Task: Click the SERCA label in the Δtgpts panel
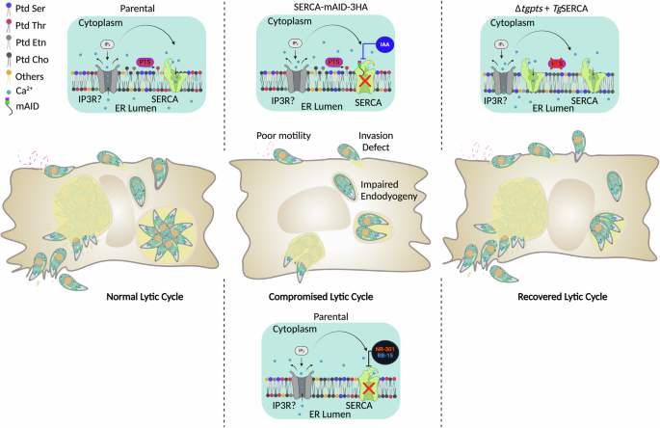click(582, 99)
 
